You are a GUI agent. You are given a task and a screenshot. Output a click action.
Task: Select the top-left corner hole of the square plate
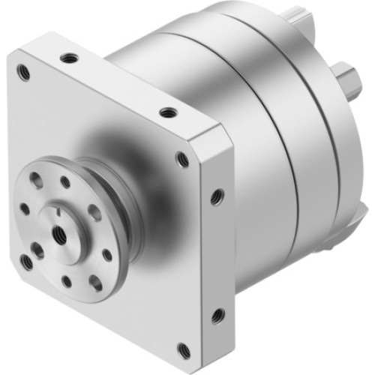click(x=23, y=72)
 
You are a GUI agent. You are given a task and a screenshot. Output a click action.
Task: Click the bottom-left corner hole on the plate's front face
click(x=27, y=261)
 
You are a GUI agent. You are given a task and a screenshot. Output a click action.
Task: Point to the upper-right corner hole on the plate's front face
click(x=182, y=158)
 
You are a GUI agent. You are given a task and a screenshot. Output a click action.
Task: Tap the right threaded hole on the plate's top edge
click(x=168, y=113)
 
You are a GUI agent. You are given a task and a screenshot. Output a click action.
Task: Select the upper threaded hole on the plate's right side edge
click(x=217, y=196)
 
